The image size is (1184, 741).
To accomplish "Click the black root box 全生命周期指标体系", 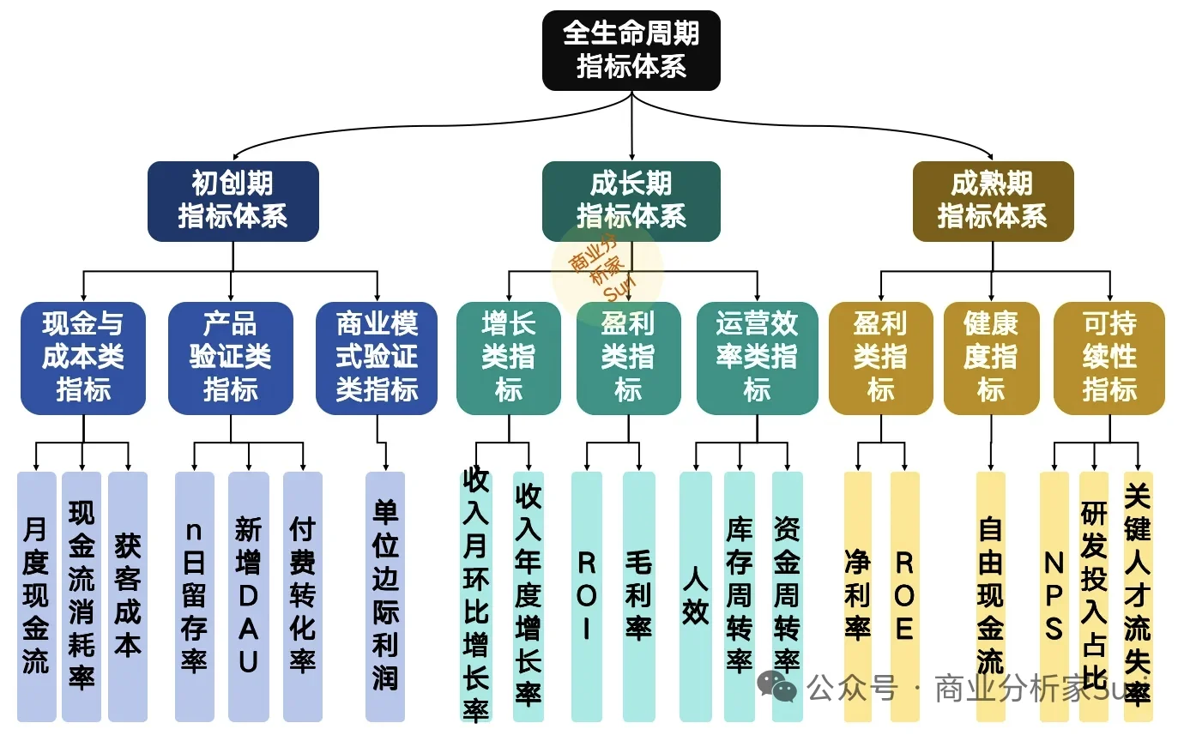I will tap(631, 50).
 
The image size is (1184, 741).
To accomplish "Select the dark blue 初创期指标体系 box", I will tap(233, 201).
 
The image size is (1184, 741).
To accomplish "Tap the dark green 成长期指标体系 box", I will tap(631, 201).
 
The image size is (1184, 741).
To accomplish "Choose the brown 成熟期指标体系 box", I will tap(993, 201).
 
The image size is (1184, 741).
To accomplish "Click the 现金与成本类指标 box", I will tap(83, 358).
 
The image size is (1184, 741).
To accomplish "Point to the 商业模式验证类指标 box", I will tap(377, 358).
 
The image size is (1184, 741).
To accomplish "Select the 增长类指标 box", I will tap(508, 358).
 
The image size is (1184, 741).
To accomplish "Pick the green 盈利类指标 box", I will tap(628, 358).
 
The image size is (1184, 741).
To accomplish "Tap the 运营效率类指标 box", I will tap(757, 358).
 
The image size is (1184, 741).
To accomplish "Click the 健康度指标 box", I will tap(991, 358).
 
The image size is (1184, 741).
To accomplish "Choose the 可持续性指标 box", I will tap(1109, 358).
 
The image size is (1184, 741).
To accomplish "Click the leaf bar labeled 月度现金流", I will tap(36, 596).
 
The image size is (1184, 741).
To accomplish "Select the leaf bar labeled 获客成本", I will tap(128, 596).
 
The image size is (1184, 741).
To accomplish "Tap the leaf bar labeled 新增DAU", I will tap(249, 596).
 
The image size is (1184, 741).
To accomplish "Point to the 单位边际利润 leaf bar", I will tap(385, 596).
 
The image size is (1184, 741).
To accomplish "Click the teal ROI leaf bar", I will tap(587, 596).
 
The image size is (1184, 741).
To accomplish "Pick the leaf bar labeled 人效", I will tap(696, 596).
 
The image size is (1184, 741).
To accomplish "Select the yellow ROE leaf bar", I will tap(904, 596).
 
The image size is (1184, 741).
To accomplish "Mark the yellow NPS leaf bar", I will tap(1054, 596).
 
